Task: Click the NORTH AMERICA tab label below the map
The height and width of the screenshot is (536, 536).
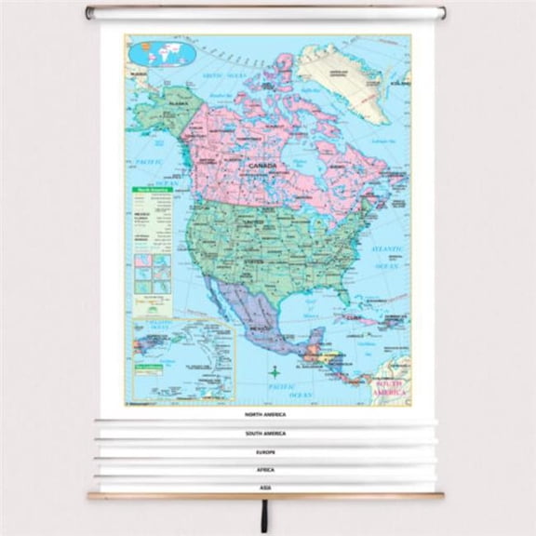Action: click(265, 414)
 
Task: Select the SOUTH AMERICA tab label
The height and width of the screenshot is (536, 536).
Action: click(265, 434)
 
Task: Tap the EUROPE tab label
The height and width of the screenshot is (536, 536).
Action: click(265, 452)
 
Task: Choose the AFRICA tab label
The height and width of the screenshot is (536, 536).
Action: click(265, 470)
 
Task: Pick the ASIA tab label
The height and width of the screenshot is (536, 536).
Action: click(265, 487)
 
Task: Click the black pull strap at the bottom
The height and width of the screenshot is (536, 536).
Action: click(264, 515)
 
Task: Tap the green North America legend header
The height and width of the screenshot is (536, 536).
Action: click(152, 190)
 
